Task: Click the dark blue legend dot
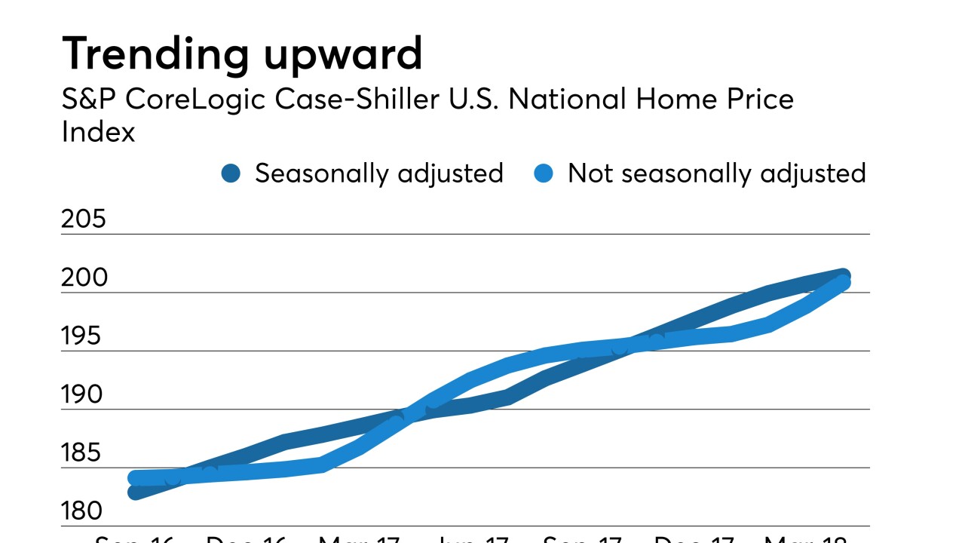231,174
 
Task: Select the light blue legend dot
544,174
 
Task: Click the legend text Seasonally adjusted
378,174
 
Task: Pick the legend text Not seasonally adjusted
716,174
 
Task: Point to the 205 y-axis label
84,219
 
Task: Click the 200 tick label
84,278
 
